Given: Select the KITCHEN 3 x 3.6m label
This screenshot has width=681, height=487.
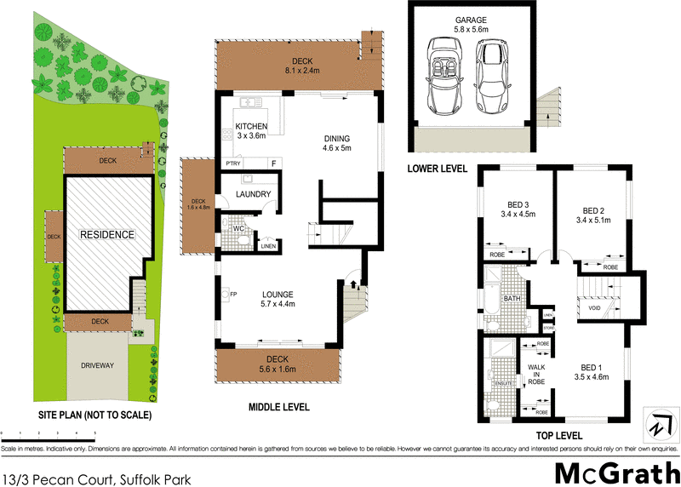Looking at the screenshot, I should tap(251, 129).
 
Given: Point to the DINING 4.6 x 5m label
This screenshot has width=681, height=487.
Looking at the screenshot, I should tap(336, 143).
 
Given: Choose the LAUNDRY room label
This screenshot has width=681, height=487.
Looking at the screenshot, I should tap(255, 195).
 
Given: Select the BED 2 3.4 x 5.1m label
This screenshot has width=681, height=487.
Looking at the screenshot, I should tap(592, 215).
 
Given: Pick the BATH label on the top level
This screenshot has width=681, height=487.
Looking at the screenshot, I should tap(512, 299).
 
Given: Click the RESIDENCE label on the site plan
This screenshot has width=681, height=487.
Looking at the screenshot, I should tap(106, 234).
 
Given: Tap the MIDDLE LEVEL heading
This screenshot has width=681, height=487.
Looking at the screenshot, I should tap(278, 407).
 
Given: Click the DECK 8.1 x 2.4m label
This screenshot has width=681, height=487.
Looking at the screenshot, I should tap(302, 66).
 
